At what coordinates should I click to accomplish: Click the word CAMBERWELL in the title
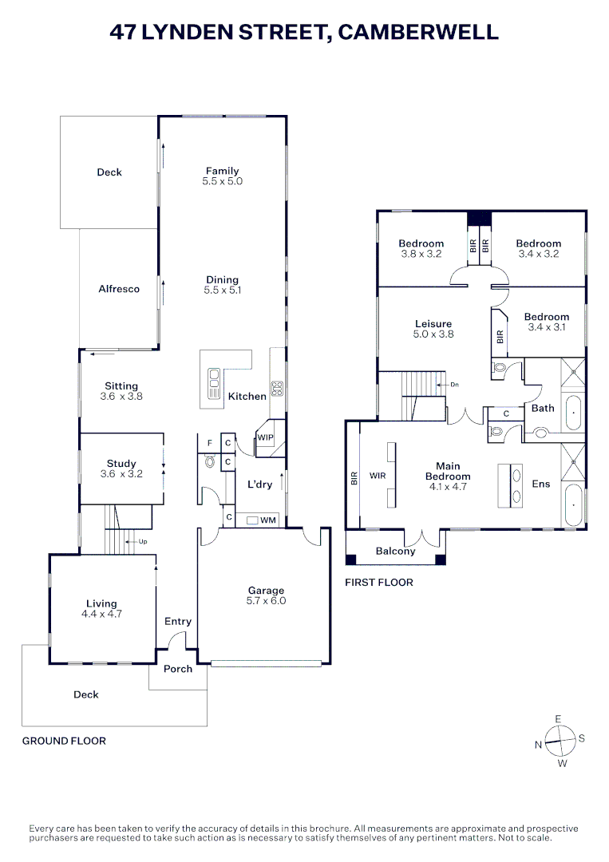pos(418,32)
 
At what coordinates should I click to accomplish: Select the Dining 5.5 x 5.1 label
pos(223,285)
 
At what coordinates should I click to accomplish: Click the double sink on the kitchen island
pos(214,384)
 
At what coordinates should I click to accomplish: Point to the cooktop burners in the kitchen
pos(277,389)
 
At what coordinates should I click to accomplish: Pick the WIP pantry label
pos(265,437)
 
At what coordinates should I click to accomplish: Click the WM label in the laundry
pos(268,520)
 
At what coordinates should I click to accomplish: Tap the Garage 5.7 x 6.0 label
pos(267,595)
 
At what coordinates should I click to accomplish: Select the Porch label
pos(178,669)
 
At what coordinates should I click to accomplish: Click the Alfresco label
pos(119,289)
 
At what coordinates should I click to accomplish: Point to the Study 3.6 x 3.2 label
pos(121,469)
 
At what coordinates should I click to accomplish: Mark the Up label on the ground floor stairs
pos(144,542)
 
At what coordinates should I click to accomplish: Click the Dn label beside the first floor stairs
pos(454,385)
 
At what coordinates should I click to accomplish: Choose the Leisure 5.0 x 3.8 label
pos(433,329)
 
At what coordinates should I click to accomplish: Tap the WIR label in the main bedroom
pos(378,476)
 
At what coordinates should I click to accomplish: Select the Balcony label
pos(395,552)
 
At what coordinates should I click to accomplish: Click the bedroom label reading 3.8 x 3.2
pos(421,249)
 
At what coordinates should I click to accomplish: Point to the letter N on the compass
pos(538,745)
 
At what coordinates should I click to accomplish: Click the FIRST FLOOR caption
pos(379,583)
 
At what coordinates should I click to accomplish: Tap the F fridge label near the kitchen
pos(210,442)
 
